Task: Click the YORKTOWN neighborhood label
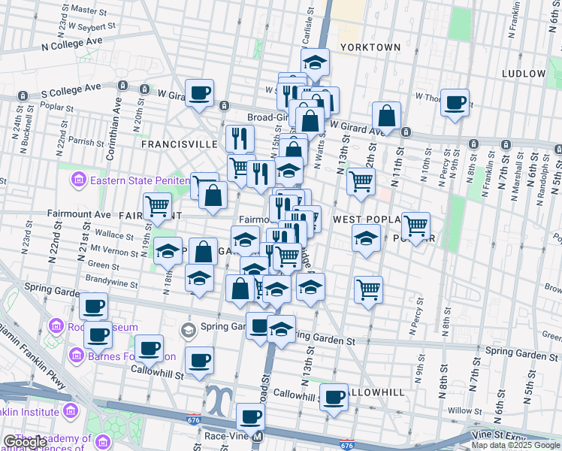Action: click(x=370, y=47)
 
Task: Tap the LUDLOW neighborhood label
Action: click(x=524, y=74)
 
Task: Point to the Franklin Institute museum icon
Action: click(x=70, y=411)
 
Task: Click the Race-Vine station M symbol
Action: click(x=258, y=436)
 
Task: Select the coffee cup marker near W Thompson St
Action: click(x=454, y=102)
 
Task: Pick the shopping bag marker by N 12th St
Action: click(x=386, y=116)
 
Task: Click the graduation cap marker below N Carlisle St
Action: click(x=316, y=62)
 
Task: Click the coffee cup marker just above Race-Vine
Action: click(x=250, y=416)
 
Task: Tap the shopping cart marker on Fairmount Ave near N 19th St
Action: click(x=157, y=204)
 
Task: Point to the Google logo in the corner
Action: click(x=24, y=443)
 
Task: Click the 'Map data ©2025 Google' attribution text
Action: click(x=516, y=445)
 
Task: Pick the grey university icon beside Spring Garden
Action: click(x=187, y=330)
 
